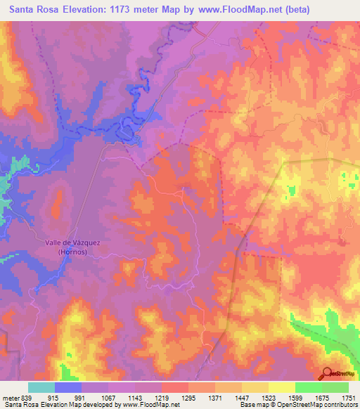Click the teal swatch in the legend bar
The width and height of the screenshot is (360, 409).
coord(41,387)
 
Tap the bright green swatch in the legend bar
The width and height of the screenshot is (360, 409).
coord(309,387)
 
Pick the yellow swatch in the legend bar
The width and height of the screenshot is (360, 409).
coord(282,387)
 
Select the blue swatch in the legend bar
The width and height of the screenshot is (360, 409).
coord(68,387)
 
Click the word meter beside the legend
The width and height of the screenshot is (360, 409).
coord(9,398)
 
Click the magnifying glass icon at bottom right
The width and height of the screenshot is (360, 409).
coord(326,375)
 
